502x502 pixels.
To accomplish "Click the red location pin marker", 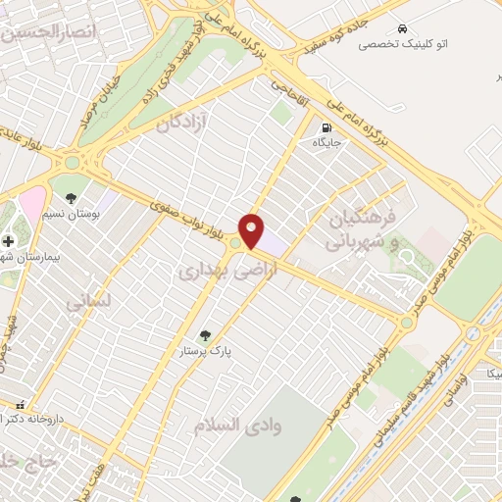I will click(252, 230).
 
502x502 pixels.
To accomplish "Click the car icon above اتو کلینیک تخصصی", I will click(402, 28).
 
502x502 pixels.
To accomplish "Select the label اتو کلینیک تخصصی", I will click(402, 44).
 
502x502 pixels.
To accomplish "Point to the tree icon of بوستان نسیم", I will click(72, 181).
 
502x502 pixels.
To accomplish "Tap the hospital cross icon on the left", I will click(8, 239).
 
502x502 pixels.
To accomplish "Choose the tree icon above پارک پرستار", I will click(205, 335).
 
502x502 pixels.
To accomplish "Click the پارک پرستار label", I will click(205, 350).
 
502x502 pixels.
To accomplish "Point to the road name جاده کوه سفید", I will click(324, 38).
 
